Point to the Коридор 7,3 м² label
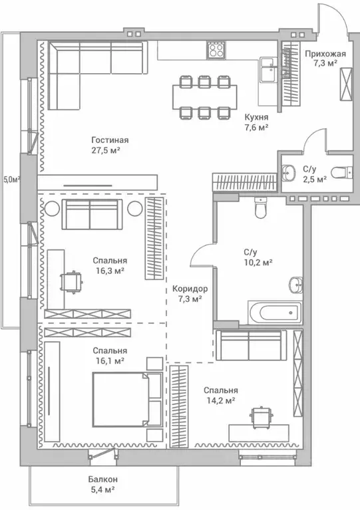[x=190, y=293]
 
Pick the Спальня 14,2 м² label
[x=222, y=395]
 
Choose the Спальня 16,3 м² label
[x=110, y=266]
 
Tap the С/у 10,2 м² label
[x=257, y=257]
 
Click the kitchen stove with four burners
[x=216, y=50]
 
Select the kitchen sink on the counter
[x=269, y=69]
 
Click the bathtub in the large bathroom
[x=273, y=312]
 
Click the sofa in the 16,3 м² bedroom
[x=89, y=214]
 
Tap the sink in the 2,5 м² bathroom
[x=287, y=172]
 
